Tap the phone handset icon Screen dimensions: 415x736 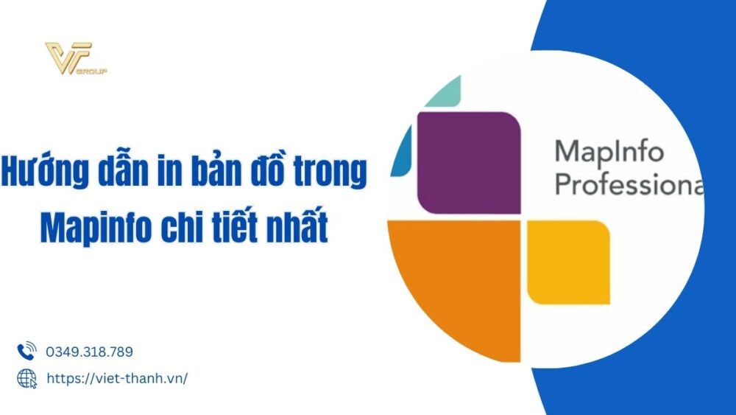[x=26, y=352]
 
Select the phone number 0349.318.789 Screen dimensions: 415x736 [x=89, y=352]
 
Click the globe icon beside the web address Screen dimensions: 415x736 [x=26, y=378]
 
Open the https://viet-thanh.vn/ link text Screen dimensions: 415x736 [x=117, y=378]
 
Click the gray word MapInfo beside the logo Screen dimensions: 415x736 [x=608, y=153]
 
